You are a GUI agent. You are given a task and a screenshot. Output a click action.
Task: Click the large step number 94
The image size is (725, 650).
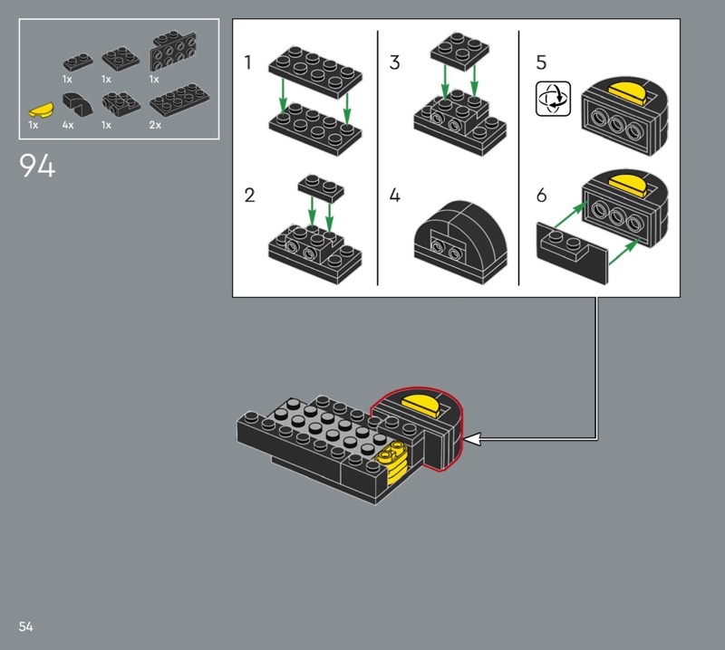(x=37, y=166)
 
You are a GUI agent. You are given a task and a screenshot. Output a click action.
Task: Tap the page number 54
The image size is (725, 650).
(x=26, y=626)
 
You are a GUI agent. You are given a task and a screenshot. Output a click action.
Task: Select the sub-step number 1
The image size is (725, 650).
(x=247, y=62)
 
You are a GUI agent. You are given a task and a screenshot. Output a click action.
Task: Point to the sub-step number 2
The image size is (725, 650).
(x=249, y=196)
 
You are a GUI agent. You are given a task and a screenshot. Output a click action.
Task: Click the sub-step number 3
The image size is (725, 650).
(x=394, y=62)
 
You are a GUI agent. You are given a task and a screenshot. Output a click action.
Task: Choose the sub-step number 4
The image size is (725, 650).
(x=394, y=196)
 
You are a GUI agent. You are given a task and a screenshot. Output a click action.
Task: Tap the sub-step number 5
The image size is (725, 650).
(x=541, y=62)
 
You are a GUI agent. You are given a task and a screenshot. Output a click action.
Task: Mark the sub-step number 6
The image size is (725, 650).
(x=541, y=196)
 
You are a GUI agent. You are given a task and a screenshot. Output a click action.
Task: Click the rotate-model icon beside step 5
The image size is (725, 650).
(x=554, y=99)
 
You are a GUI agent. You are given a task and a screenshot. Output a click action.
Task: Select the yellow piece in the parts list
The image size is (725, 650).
(x=41, y=110)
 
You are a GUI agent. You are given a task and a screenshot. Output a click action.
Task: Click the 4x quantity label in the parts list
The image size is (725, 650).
(x=68, y=125)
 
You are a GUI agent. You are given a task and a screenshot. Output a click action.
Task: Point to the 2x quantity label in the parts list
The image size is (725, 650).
(x=155, y=125)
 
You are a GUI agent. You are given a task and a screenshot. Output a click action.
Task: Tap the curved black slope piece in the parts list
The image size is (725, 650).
(x=77, y=104)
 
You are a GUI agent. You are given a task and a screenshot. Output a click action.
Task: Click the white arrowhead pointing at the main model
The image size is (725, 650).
(x=471, y=439)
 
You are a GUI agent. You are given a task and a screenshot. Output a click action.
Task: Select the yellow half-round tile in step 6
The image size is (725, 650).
(x=627, y=185)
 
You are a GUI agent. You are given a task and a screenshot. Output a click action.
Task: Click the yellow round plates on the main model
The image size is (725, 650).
(x=391, y=462)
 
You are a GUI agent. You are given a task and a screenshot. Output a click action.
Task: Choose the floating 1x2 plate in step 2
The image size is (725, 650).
(x=321, y=187)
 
